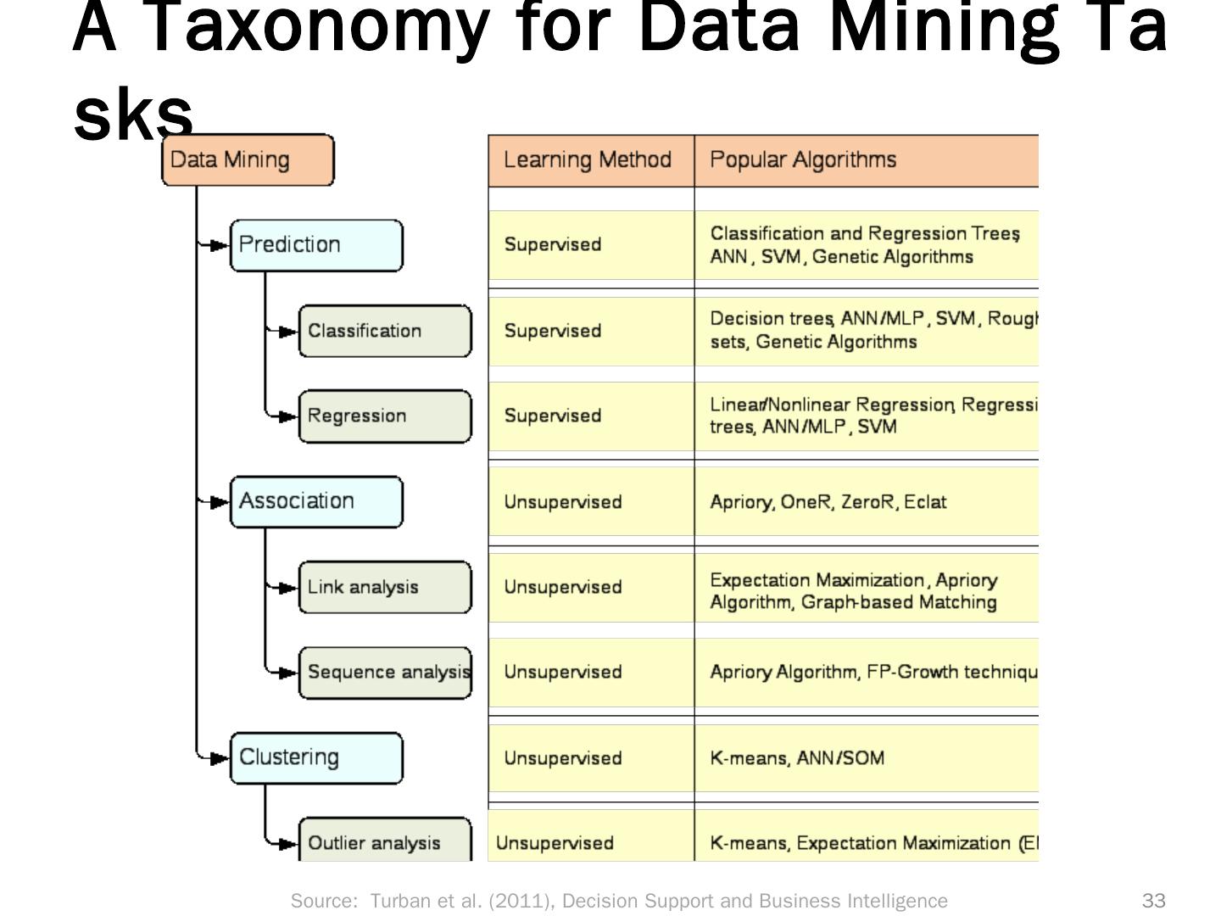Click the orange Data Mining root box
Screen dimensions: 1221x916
248,159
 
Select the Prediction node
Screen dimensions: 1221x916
316,245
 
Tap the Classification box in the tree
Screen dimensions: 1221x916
385,331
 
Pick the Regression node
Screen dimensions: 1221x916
385,416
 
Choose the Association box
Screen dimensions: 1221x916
316,501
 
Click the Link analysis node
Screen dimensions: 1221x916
385,587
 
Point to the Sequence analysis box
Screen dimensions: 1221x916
385,673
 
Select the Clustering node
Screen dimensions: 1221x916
316,757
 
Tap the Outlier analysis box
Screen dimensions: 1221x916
385,841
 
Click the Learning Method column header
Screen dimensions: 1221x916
590,160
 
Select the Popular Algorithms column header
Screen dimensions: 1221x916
865,160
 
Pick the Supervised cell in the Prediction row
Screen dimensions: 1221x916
590,245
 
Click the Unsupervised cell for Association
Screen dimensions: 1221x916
590,502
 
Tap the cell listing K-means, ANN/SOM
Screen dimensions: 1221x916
865,758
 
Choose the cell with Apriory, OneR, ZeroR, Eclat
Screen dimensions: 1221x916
865,502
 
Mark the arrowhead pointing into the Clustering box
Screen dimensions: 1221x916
220,757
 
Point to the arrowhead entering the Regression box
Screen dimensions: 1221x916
288,416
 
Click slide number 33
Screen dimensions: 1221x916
1154,901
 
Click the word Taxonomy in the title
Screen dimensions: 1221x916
319,27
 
